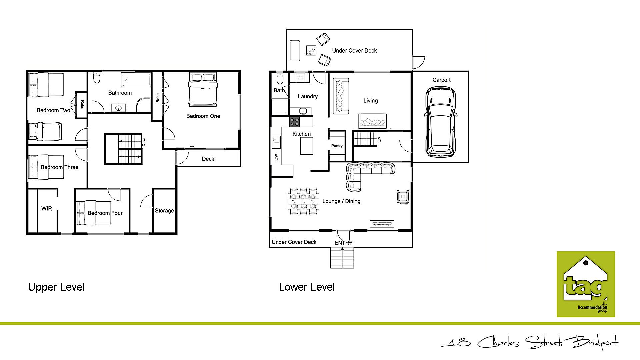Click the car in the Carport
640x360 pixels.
pyautogui.click(x=440, y=122)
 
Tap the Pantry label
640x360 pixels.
pyautogui.click(x=337, y=146)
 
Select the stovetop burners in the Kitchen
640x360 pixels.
pyautogui.click(x=294, y=122)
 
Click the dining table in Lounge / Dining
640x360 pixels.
pyautogui.click(x=303, y=202)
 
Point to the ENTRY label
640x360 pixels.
pyautogui.click(x=343, y=243)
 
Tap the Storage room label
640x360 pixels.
pyautogui.click(x=164, y=211)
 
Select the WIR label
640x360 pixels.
pyautogui.click(x=47, y=209)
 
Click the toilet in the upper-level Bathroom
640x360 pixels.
pyautogui.click(x=97, y=78)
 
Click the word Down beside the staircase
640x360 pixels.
pyautogui.click(x=144, y=141)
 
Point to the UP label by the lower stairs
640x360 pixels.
pyautogui.click(x=379, y=140)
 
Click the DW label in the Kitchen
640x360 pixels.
pyautogui.click(x=276, y=157)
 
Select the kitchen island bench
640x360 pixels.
pyautogui.click(x=306, y=146)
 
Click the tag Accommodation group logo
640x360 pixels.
pyautogui.click(x=585, y=284)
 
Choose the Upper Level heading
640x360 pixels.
pyautogui.click(x=56, y=287)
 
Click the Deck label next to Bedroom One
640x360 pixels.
pyautogui.click(x=208, y=159)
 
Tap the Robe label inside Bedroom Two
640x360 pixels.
pyautogui.click(x=82, y=105)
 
